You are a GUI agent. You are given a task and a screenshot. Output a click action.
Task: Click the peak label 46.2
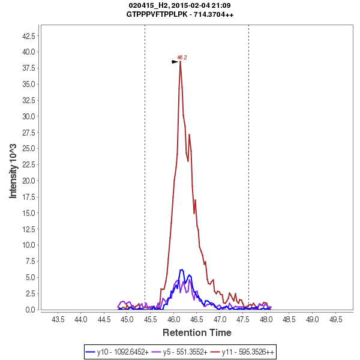(182, 58)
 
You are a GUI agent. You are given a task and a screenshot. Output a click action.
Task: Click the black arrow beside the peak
(175, 62)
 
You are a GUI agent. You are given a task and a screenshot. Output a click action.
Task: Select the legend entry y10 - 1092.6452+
(118, 352)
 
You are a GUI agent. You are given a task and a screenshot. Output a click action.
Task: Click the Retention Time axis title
(197, 332)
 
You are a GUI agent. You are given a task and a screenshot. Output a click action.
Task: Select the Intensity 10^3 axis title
(13, 171)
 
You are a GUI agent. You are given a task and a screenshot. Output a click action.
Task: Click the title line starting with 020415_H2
(180, 5)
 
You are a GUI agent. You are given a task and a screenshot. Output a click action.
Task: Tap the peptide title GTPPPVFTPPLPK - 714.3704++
(180, 14)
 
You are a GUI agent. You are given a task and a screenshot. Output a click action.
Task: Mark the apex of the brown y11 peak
(180, 62)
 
